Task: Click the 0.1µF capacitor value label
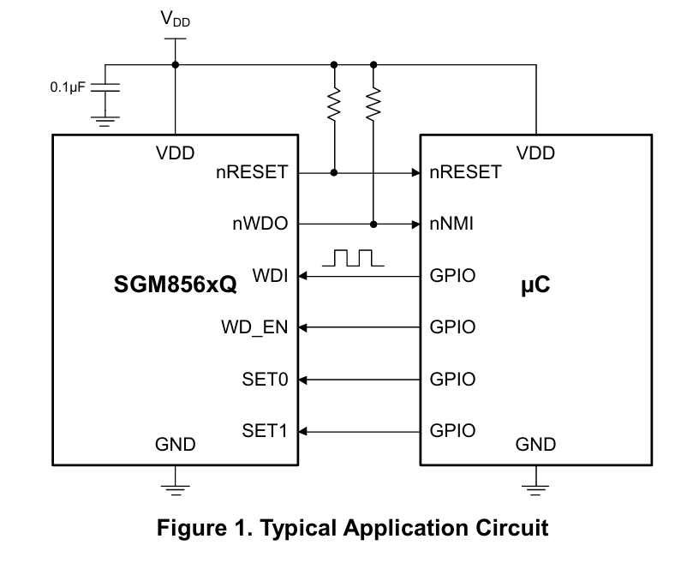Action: [x=68, y=87]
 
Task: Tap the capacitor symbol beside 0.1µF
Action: [x=105, y=87]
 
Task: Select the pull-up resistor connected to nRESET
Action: [x=334, y=105]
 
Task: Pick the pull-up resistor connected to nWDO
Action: [x=373, y=105]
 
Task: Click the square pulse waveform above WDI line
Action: [x=353, y=258]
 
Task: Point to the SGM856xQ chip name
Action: [x=176, y=284]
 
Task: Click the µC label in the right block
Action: [x=535, y=285]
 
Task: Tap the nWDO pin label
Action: [x=260, y=224]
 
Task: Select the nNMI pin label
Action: [x=451, y=224]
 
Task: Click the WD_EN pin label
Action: [x=254, y=327]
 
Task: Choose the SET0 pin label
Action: [x=265, y=380]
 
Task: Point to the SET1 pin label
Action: [x=265, y=430]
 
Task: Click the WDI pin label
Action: [x=270, y=275]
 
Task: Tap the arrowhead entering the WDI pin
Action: [x=302, y=276]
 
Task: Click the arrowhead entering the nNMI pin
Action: [x=415, y=225]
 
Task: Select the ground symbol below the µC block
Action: [x=535, y=490]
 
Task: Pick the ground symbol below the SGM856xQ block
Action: [x=176, y=490]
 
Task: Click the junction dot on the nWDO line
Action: [x=373, y=225]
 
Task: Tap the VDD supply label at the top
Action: [x=176, y=19]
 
